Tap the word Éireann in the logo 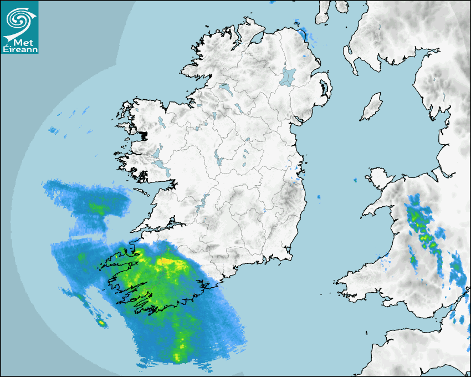[21, 49]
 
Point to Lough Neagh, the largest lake [289, 76]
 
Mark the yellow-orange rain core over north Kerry [166, 261]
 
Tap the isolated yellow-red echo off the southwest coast [101, 322]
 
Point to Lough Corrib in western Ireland [158, 153]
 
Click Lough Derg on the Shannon [204, 201]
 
